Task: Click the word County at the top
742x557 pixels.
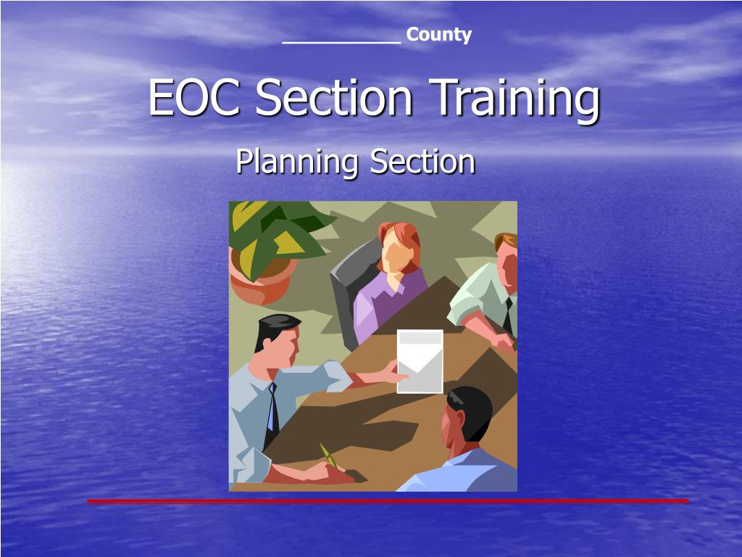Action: pos(438,35)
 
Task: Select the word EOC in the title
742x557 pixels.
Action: pos(194,98)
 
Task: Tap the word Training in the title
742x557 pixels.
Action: pos(517,99)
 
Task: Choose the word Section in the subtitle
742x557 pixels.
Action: pos(422,161)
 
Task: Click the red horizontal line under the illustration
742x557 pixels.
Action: pos(388,500)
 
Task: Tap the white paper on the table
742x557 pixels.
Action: pos(420,360)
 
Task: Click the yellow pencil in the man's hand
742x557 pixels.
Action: pos(329,455)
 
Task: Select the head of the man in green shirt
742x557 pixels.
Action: pos(507,257)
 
